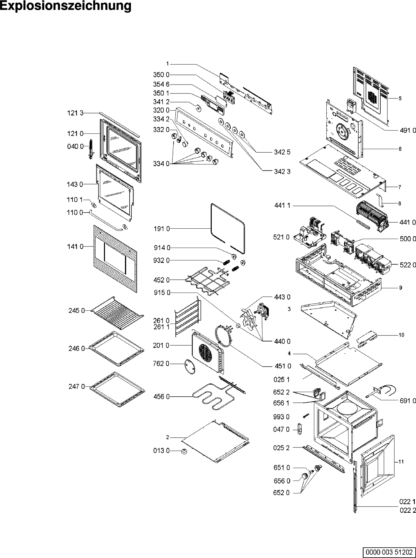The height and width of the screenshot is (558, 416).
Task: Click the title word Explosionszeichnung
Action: click(x=66, y=6)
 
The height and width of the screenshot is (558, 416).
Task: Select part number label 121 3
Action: click(x=75, y=113)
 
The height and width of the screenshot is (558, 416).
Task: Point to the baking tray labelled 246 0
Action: click(x=117, y=348)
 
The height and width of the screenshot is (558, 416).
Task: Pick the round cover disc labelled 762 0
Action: click(x=190, y=367)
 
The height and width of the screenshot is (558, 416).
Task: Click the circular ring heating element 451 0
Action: click(x=223, y=335)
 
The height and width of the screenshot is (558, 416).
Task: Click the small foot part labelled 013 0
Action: click(x=185, y=451)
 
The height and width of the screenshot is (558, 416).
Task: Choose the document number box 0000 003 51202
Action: click(x=389, y=552)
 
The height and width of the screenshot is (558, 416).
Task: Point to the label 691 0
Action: click(x=407, y=401)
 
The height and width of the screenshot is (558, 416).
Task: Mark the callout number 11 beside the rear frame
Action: click(x=401, y=461)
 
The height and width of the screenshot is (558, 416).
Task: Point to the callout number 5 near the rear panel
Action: click(x=400, y=98)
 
